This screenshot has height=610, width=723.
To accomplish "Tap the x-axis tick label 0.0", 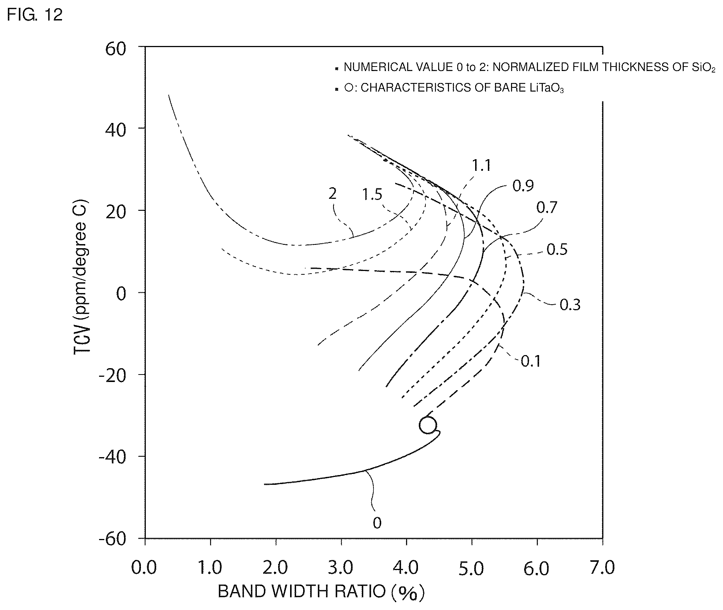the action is [x=144, y=567].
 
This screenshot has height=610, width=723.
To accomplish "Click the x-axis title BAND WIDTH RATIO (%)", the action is [x=321, y=592].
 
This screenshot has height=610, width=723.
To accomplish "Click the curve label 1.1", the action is [x=481, y=165].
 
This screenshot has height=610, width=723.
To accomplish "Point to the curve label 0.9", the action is [x=523, y=185].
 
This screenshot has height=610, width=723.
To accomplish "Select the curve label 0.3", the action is [x=570, y=305].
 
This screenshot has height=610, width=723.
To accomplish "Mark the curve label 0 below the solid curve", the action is [x=377, y=523].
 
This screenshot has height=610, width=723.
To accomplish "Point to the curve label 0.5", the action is [x=557, y=249].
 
